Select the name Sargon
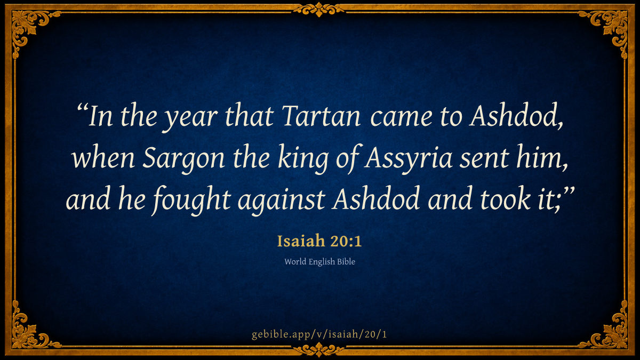click(x=183, y=159)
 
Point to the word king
click(x=303, y=159)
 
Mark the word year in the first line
click(x=192, y=118)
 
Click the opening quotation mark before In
click(x=82, y=109)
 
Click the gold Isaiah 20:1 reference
click(x=319, y=241)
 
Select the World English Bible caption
click(x=319, y=262)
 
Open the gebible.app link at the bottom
click(x=319, y=334)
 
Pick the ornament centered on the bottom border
click(x=319, y=350)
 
